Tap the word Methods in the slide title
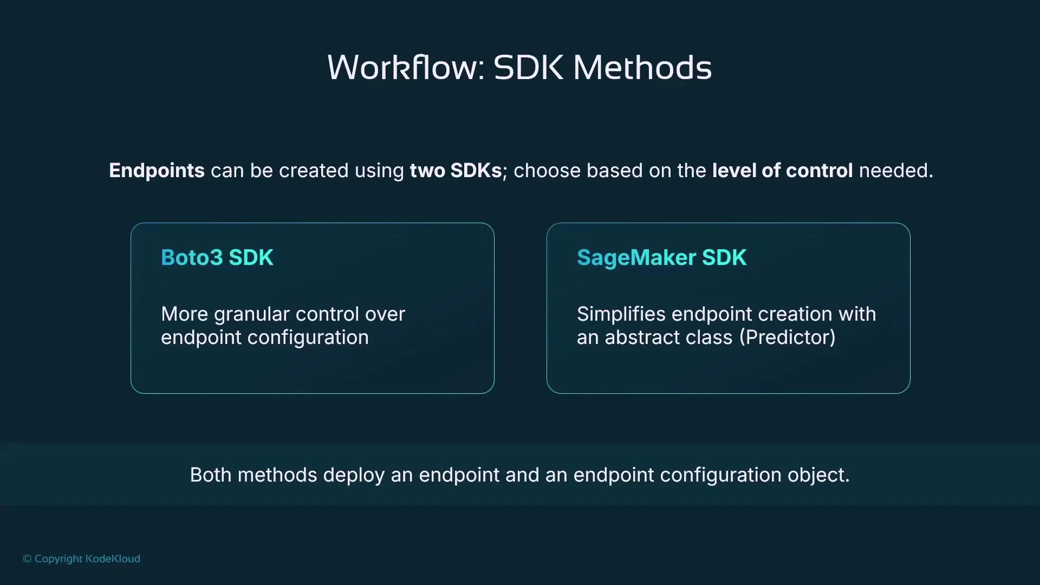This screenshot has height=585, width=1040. coord(642,68)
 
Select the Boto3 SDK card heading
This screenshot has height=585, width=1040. coord(217,258)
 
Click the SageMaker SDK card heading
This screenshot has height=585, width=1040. coord(661,258)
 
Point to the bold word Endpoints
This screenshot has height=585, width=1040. coord(157,171)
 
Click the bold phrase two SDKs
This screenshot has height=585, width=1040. coord(456,171)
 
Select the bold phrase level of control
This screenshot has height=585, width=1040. coord(782,171)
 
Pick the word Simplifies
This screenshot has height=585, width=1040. coord(621,314)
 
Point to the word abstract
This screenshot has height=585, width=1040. coord(654,337)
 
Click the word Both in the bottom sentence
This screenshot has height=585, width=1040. coord(211,475)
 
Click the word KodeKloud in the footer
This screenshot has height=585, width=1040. coord(113,558)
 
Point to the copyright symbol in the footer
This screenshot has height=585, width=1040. coord(27,559)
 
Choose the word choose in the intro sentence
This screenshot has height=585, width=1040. coord(547,171)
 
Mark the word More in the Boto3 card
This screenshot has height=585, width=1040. coord(185,314)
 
